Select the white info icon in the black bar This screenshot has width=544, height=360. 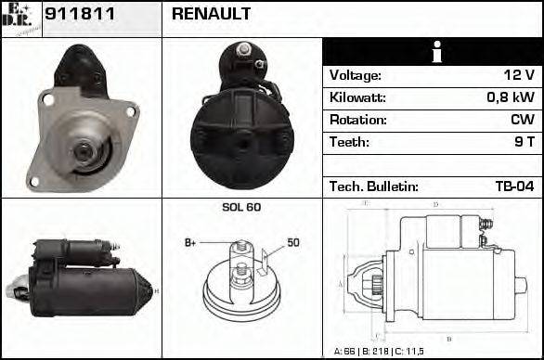[433, 51]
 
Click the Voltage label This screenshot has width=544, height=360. [355, 75]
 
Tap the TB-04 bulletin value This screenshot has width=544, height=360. [514, 186]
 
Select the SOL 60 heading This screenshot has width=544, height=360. [240, 207]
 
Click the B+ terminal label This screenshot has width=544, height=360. [191, 242]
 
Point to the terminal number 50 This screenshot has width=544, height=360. [292, 242]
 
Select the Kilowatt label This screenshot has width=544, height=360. [356, 97]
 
